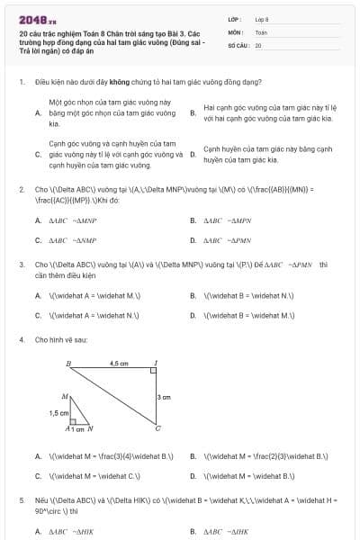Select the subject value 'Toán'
click(261, 31)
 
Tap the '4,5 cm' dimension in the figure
click(119, 363)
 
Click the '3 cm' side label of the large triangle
click(164, 397)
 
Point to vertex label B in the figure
click(68, 364)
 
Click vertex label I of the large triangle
click(155, 364)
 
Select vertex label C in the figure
click(157, 428)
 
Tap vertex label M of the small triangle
click(64, 396)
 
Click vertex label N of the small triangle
click(90, 429)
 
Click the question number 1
click(21, 81)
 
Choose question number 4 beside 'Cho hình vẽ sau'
click(21, 339)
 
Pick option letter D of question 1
click(193, 154)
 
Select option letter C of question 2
click(38, 240)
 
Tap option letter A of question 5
click(38, 531)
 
